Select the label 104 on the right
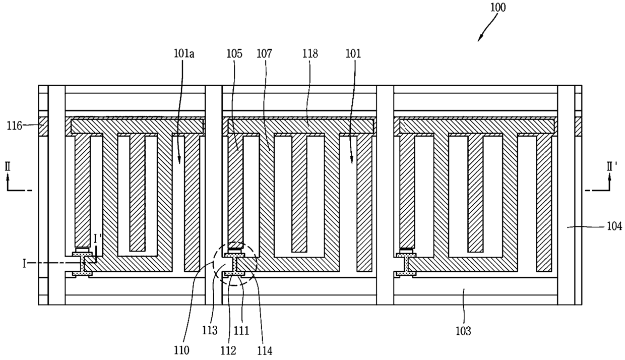coord(613,227)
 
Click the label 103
coord(463,331)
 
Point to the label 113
coord(211,331)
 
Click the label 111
coord(243,331)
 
